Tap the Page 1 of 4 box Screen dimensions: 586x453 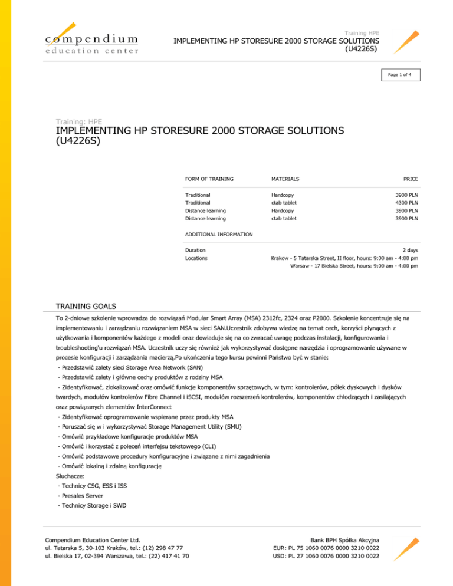coord(399,75)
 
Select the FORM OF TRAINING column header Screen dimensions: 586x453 coord(209,178)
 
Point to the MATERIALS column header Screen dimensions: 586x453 coord(285,178)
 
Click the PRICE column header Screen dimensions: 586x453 coord(411,178)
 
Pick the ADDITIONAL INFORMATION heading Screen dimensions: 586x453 coord(219,234)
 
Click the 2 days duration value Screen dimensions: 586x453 coord(410,251)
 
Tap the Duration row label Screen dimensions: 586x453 coord(196,251)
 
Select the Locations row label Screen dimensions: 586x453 coord(198,258)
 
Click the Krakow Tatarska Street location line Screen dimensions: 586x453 coord(344,258)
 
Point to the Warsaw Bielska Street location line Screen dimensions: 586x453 coord(354,266)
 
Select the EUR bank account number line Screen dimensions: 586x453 coord(326,548)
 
